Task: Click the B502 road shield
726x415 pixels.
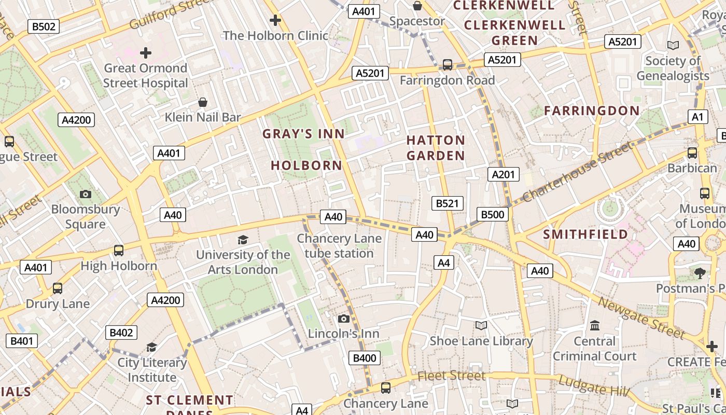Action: click(44, 26)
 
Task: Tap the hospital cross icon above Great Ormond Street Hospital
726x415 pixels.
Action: click(146, 52)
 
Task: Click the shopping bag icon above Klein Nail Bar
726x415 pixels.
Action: click(203, 102)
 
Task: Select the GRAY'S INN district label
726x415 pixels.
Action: click(303, 134)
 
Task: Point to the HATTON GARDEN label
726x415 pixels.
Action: click(436, 148)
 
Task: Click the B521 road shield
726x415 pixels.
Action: click(447, 203)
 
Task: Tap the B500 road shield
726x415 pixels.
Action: click(492, 214)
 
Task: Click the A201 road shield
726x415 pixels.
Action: click(503, 174)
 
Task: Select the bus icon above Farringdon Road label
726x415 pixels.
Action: click(447, 65)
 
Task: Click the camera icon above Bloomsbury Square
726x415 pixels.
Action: click(86, 195)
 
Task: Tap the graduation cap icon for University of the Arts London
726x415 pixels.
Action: click(243, 240)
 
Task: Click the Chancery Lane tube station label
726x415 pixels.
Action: click(339, 246)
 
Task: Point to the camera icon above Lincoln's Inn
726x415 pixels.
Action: click(343, 319)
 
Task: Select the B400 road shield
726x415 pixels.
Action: click(365, 357)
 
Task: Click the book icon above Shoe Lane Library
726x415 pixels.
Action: click(481, 326)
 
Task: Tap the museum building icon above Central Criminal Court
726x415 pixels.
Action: click(594, 326)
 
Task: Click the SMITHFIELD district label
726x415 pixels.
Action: click(585, 234)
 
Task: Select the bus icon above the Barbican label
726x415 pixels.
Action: click(692, 153)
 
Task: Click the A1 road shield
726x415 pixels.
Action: click(697, 117)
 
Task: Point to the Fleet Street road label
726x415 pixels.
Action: click(451, 375)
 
